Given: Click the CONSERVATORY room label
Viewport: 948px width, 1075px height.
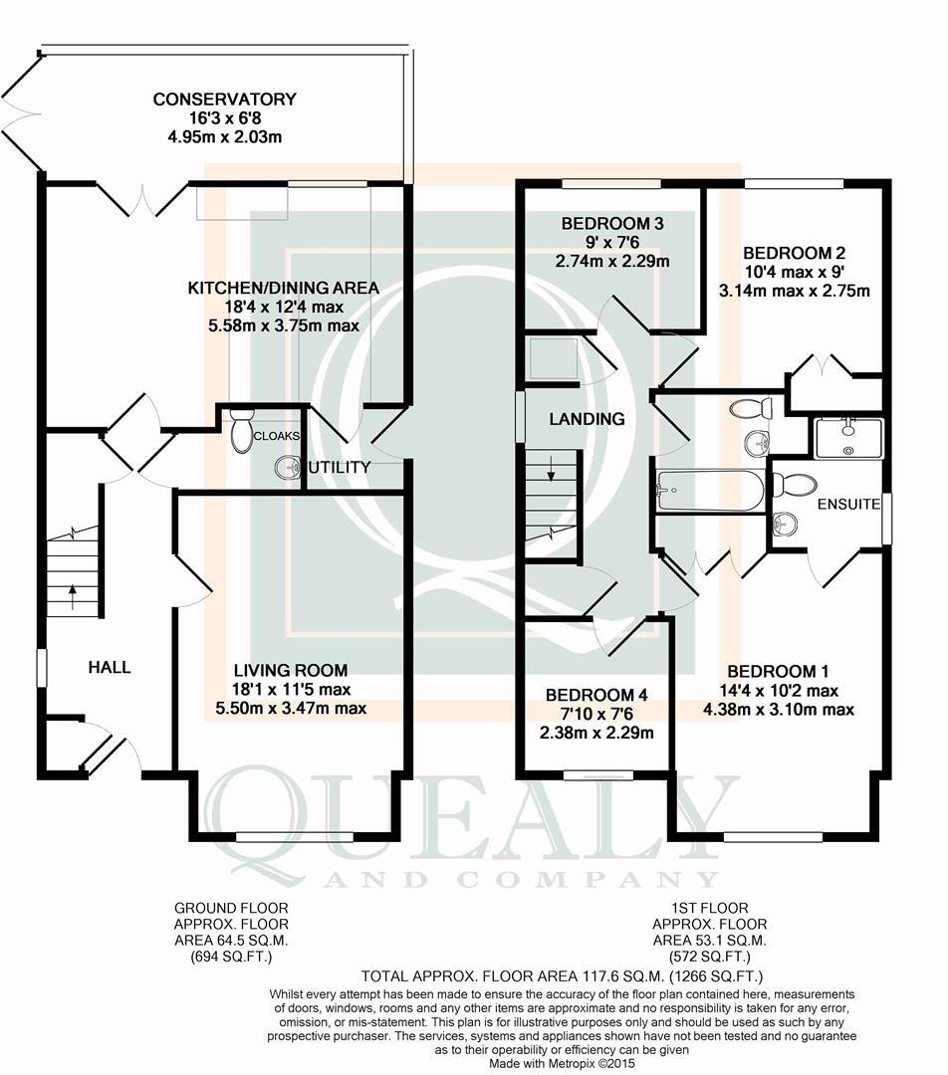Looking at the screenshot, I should coord(224,100).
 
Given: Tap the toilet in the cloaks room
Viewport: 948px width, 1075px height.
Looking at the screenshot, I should coord(240,431).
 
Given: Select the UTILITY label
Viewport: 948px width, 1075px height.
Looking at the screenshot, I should coord(339,467).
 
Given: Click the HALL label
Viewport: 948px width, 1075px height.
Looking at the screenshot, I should coord(110,667).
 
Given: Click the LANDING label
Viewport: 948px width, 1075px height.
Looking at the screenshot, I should coord(588,419).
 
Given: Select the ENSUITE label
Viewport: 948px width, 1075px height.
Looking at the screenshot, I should coord(849,505).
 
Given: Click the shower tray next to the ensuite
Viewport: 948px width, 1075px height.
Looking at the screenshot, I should coord(848,438).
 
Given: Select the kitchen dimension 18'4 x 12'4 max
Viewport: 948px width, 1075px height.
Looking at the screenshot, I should coord(284,307).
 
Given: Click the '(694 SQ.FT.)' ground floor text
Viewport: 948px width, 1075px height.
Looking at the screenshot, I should coord(231,957).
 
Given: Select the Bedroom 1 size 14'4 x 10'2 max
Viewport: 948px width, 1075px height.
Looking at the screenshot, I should coord(784,691).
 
